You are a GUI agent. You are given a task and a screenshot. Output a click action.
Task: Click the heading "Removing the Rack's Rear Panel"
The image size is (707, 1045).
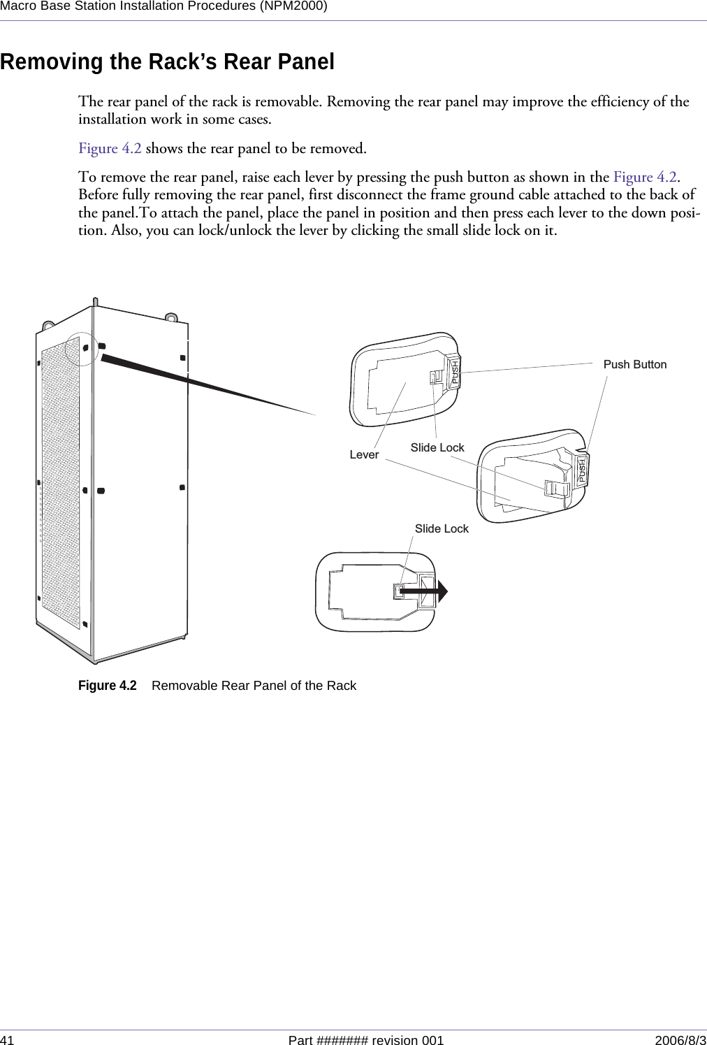[x=168, y=62]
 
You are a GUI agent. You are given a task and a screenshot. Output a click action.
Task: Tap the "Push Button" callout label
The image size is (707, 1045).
[x=634, y=364]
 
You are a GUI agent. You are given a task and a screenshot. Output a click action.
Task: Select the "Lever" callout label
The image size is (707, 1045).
[x=364, y=454]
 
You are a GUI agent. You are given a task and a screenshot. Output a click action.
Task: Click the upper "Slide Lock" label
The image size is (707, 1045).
[x=437, y=447]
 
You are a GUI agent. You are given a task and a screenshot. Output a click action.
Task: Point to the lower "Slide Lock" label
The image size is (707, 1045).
[x=442, y=528]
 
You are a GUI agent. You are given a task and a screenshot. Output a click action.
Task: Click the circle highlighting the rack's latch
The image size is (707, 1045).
[x=84, y=347]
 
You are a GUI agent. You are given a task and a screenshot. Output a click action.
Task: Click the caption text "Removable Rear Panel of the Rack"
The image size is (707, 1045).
[x=254, y=686]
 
